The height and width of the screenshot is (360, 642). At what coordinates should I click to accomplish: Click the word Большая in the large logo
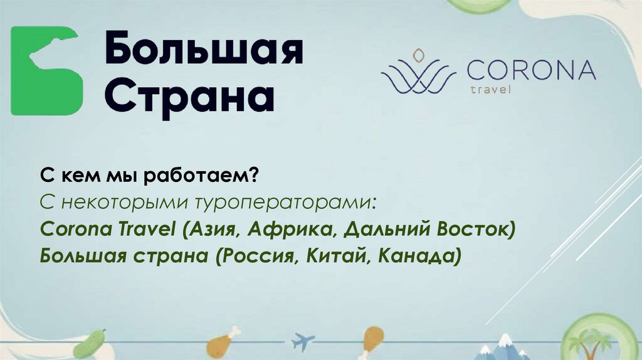(x=203, y=51)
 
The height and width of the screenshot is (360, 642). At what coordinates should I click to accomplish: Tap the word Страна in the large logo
(x=189, y=95)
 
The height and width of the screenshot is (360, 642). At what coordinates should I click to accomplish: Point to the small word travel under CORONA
(x=490, y=89)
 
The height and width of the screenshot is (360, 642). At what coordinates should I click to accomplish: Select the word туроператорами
(x=285, y=203)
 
